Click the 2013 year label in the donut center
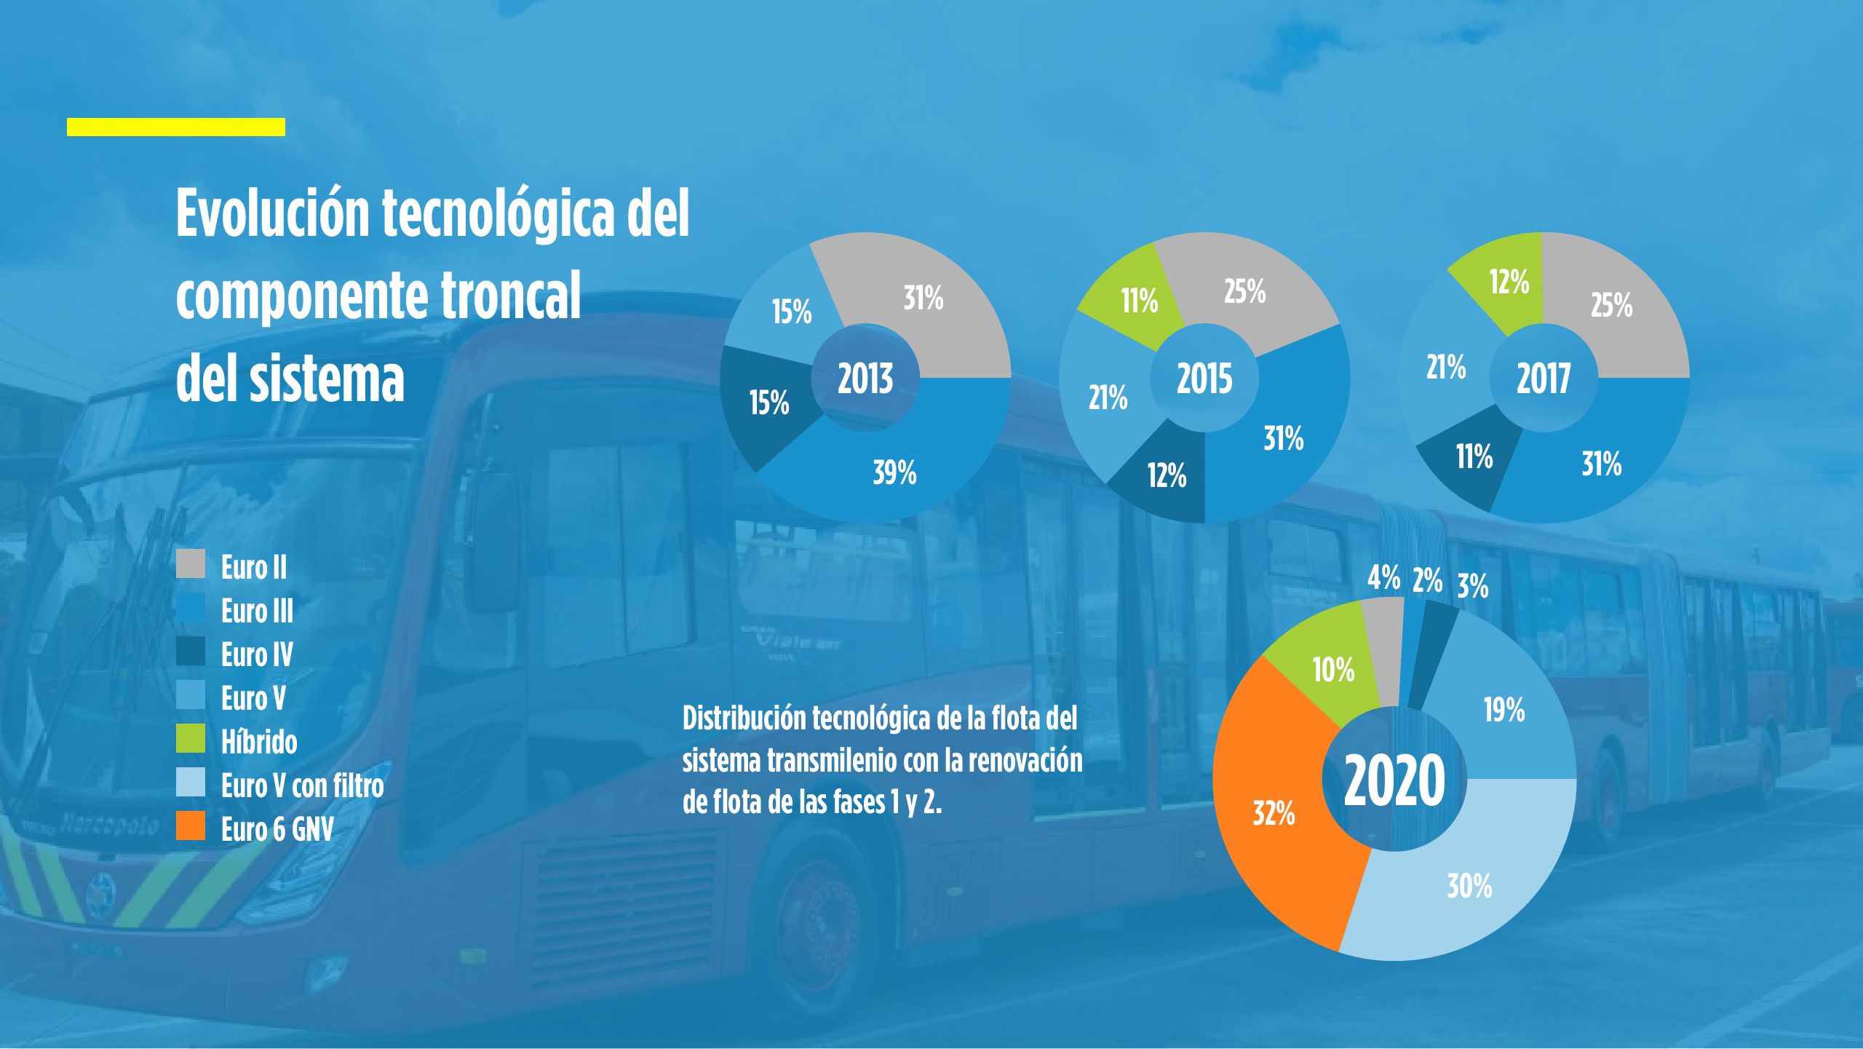click(x=865, y=379)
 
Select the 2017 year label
click(x=1543, y=379)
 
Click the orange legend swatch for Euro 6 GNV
click(x=191, y=827)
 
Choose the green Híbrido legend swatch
click(x=191, y=739)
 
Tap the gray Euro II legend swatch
click(x=191, y=564)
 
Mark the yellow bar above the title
click(x=176, y=127)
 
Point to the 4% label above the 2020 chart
click(x=1383, y=579)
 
